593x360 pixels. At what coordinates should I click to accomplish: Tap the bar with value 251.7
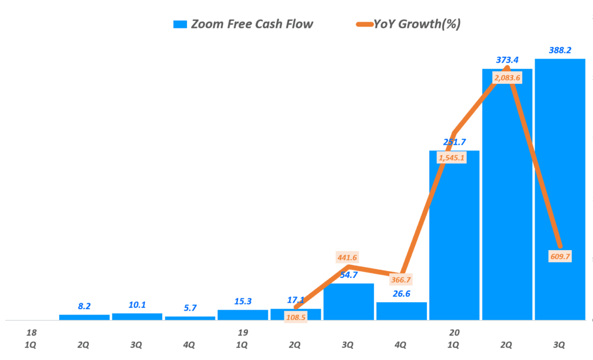(454, 243)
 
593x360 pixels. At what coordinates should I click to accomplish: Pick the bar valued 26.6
(401, 311)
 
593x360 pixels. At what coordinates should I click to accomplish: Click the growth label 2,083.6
(507, 78)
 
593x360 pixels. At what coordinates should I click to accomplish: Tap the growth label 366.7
(401, 278)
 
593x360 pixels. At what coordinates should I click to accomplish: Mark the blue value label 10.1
(137, 304)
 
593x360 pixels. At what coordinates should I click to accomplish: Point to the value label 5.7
(190, 307)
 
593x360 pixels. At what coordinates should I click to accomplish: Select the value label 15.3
(243, 301)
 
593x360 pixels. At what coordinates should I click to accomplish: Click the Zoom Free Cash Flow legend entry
(243, 24)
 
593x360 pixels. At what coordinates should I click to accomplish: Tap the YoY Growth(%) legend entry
(408, 24)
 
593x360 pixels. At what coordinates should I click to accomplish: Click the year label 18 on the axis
(31, 333)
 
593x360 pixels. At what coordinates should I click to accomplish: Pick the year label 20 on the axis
(454, 333)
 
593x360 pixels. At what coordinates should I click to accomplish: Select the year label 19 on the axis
(243, 333)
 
